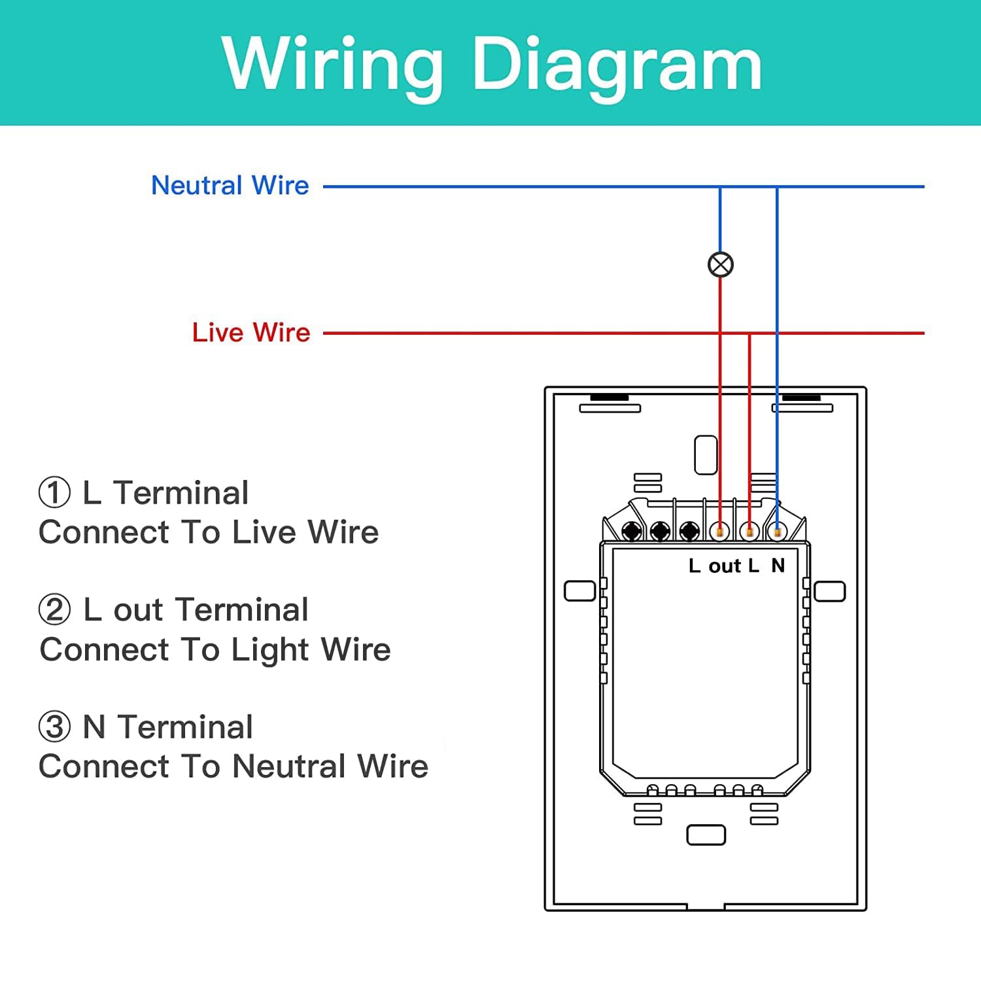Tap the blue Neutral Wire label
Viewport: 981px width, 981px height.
[x=230, y=186]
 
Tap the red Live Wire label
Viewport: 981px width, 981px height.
[x=251, y=332]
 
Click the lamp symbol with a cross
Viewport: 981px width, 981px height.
[x=721, y=265]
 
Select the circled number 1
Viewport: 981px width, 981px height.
[x=54, y=492]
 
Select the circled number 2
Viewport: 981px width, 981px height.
[x=54, y=610]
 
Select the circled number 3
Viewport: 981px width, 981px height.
[x=54, y=727]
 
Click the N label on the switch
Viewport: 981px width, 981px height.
[x=778, y=565]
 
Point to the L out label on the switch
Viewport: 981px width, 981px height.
[x=724, y=565]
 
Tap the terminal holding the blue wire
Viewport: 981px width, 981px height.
[x=777, y=532]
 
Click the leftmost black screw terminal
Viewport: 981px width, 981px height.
[x=632, y=530]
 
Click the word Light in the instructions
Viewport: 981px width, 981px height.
[x=271, y=650]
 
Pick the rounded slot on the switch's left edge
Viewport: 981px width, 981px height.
[x=580, y=591]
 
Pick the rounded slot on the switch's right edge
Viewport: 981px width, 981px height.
[x=830, y=591]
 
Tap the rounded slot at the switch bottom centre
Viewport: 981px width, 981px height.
[x=706, y=835]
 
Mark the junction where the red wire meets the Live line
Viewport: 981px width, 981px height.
[x=749, y=333]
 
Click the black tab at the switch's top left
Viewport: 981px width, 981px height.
[x=610, y=398]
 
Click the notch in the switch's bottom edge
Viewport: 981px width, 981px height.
[x=706, y=907]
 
